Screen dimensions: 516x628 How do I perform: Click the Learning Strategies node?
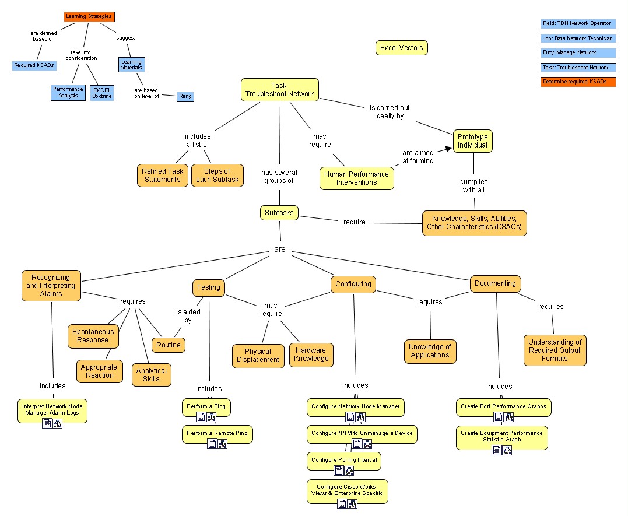click(x=89, y=17)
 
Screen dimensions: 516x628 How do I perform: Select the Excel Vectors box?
click(x=402, y=48)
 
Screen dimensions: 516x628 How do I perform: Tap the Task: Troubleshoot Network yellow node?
click(x=280, y=90)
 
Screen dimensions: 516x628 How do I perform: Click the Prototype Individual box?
click(x=472, y=141)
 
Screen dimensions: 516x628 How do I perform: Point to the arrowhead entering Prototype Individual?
click(x=449, y=149)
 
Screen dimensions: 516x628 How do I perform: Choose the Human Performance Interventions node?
click(x=356, y=178)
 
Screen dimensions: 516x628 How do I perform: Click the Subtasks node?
click(x=279, y=213)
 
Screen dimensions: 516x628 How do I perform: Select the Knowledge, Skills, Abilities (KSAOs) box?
click(x=474, y=223)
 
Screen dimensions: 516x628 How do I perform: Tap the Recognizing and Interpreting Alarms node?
click(x=51, y=286)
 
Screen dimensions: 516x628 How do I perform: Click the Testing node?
click(x=209, y=287)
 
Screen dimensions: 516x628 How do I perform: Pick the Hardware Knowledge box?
click(x=311, y=355)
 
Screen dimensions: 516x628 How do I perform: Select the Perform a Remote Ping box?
click(x=217, y=433)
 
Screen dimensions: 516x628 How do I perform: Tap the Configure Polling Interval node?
click(x=344, y=460)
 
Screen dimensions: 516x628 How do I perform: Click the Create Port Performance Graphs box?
click(x=503, y=406)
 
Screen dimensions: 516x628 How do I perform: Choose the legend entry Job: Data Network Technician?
click(x=578, y=38)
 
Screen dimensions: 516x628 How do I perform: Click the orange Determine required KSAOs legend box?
click(x=578, y=82)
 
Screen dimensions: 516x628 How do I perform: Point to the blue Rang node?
click(x=185, y=96)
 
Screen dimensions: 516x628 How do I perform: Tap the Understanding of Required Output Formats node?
click(x=555, y=350)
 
